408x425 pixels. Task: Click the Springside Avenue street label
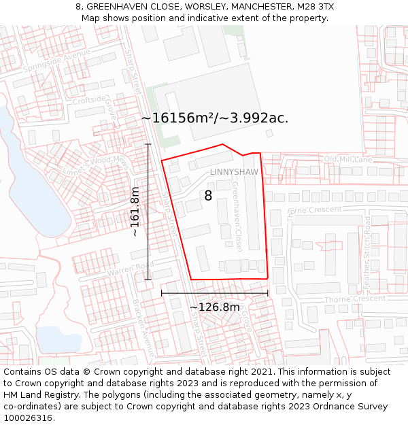56,61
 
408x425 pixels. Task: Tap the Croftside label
90,101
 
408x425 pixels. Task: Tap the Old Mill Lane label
348,159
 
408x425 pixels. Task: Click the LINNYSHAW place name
234,172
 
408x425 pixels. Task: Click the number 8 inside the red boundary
208,196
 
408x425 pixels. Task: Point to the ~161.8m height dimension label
135,211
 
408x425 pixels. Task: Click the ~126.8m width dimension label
215,307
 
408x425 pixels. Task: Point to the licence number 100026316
28,418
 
